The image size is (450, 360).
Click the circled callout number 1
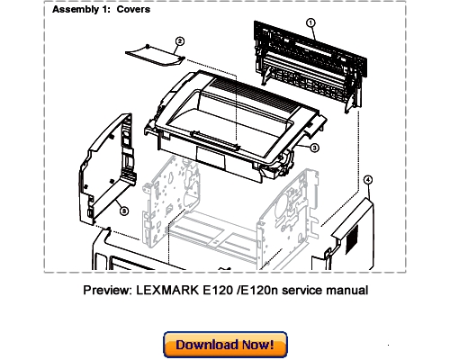pyautogui.click(x=310, y=24)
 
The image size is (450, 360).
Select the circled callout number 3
pyautogui.click(x=315, y=147)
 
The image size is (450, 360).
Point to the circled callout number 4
pyautogui.click(x=367, y=181)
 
